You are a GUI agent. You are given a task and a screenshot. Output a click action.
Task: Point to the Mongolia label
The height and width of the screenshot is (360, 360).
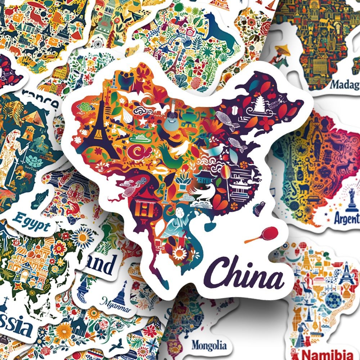coord(209,345)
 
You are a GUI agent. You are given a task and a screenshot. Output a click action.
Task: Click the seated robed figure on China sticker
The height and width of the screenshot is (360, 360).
coord(176,225)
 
